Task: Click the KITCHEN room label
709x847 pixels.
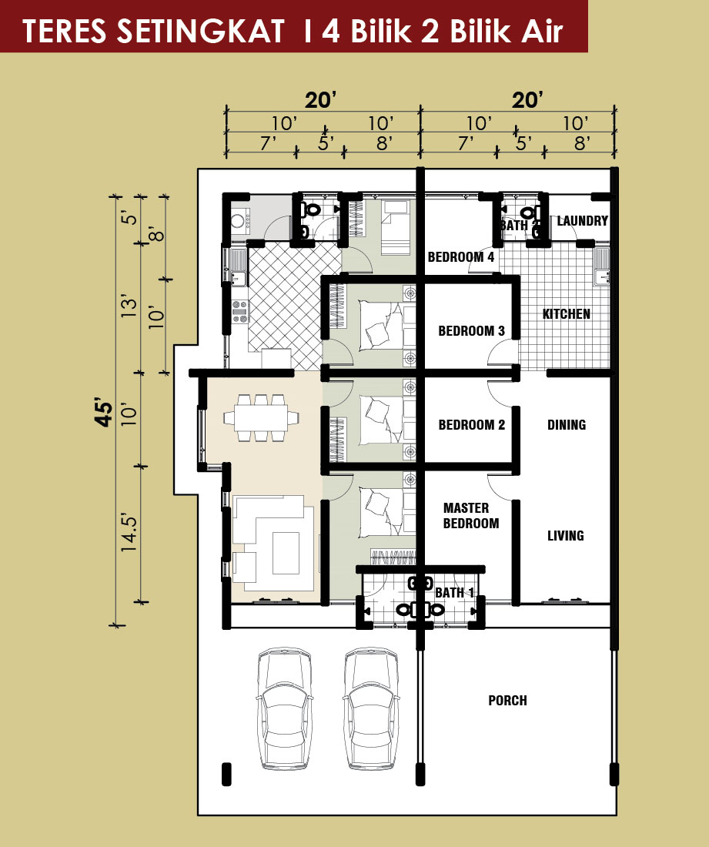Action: pos(566,314)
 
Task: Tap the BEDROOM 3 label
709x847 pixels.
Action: pos(471,330)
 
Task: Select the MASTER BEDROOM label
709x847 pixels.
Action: pos(471,515)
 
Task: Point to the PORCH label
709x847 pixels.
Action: pos(507,700)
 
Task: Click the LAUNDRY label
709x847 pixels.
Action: pos(582,220)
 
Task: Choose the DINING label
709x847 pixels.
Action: pos(567,424)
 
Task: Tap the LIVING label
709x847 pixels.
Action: pos(565,535)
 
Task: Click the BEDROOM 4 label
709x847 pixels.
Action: pos(460,256)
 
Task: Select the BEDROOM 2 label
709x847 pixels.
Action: pos(471,424)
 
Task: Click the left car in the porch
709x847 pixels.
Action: pos(285,708)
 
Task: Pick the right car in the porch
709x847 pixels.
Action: pos(372,708)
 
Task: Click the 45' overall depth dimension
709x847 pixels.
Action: pos(105,413)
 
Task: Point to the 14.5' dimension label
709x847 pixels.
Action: pos(129,533)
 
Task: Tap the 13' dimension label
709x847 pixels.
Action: pos(129,306)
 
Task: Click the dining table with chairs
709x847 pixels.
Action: pos(262,417)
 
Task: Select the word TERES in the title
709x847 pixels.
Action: pos(64,31)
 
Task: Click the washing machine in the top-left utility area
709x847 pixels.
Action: pos(238,220)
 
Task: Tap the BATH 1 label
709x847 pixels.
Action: pos(454,593)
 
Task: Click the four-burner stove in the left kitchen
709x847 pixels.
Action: pos(240,312)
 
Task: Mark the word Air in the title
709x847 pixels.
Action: pos(542,31)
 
